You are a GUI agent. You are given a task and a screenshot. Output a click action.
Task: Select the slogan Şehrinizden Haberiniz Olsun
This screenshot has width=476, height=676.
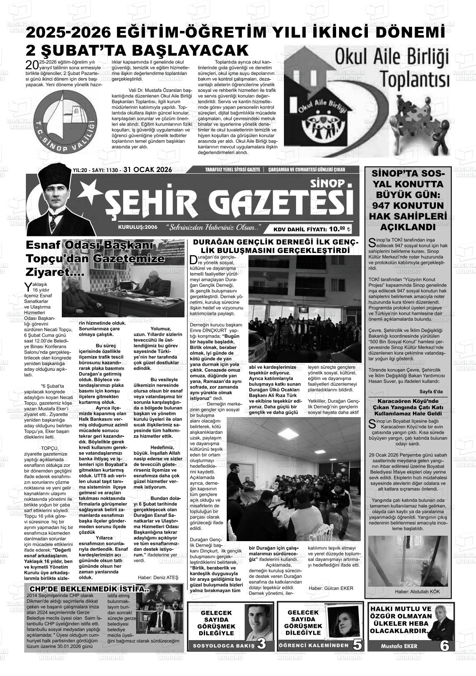tap(213, 228)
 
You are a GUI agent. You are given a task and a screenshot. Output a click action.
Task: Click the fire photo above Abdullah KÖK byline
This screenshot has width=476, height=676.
tap(408, 561)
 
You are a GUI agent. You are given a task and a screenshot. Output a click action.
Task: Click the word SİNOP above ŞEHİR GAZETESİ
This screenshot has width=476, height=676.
tap(328, 183)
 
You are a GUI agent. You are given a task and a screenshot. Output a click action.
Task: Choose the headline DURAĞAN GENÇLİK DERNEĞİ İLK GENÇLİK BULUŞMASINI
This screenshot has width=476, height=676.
tap(275, 246)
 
